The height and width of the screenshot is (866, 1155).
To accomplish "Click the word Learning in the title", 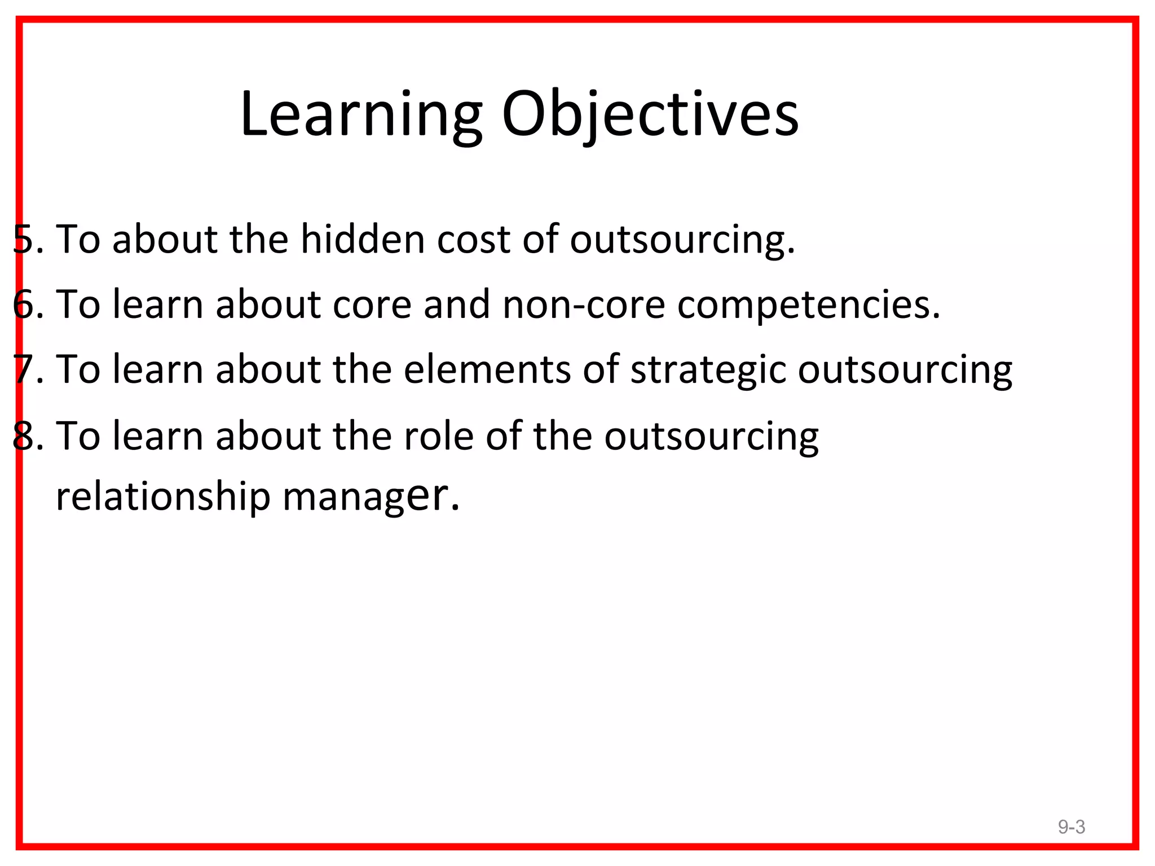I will click(361, 114).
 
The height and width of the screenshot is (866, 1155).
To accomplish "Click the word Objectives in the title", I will click(650, 114).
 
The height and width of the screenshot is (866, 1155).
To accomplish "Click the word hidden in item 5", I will click(363, 239).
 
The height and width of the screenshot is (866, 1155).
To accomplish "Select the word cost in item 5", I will click(473, 239).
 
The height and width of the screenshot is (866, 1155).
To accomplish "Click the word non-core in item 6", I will click(583, 304).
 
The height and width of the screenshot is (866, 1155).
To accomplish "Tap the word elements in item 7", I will click(487, 370).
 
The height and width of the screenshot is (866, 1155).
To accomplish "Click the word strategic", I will click(707, 370).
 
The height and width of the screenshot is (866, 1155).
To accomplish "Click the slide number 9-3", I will click(1071, 827).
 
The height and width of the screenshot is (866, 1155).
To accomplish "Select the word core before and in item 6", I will click(372, 304).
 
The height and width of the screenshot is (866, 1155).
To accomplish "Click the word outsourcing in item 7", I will click(905, 370).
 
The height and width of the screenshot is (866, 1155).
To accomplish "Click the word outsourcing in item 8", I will click(711, 436).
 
